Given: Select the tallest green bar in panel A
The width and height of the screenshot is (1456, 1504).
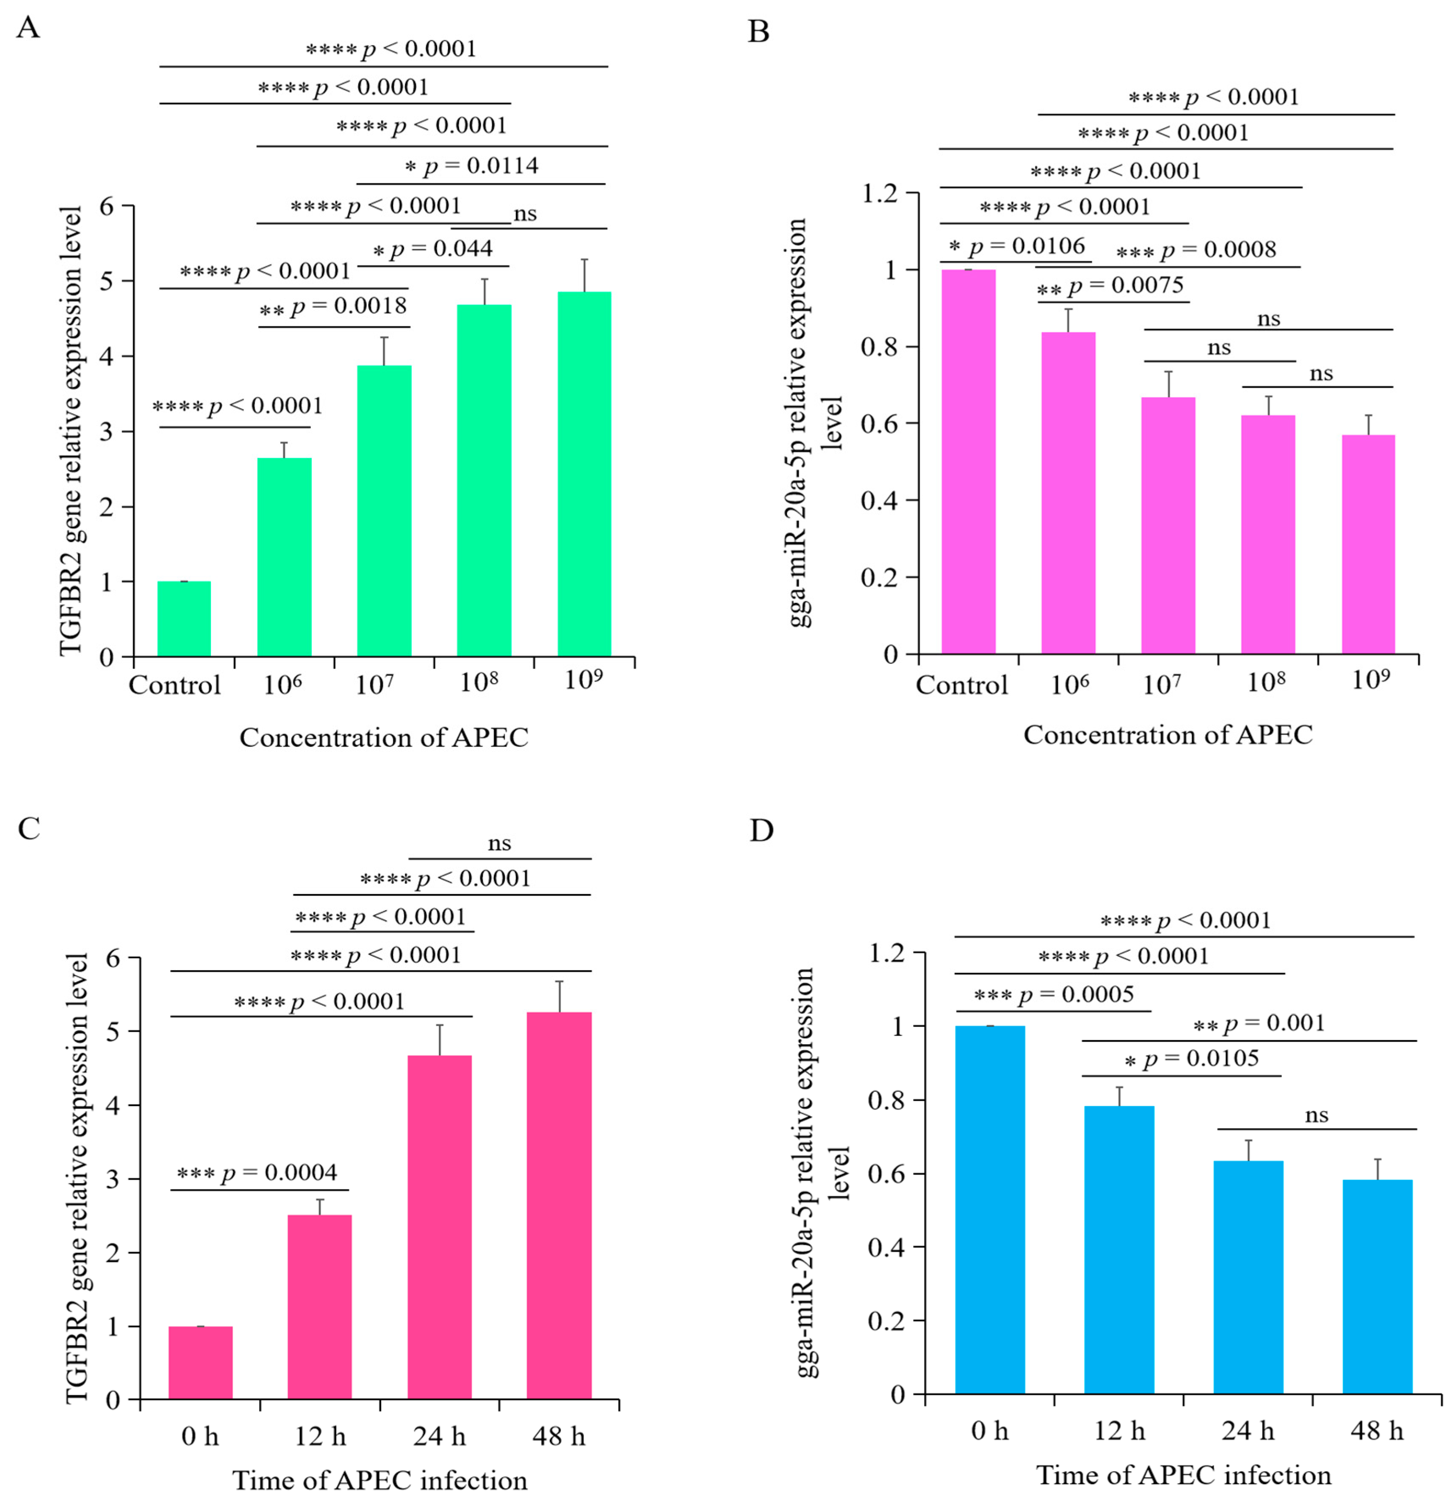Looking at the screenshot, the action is tap(584, 474).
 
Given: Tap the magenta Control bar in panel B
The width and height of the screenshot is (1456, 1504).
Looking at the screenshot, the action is tap(969, 462).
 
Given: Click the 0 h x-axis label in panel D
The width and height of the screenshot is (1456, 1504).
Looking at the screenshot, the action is tap(990, 1430).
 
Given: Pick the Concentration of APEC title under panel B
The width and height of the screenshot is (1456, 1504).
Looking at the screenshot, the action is tap(1168, 734).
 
